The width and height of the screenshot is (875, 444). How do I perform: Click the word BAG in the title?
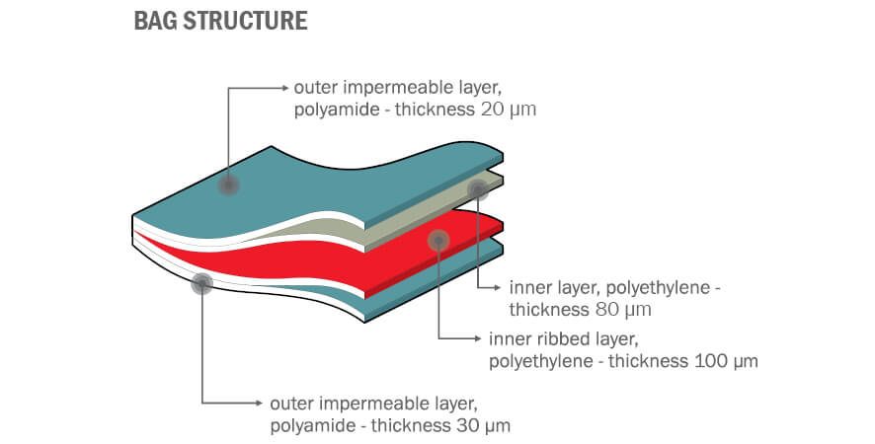(x=154, y=21)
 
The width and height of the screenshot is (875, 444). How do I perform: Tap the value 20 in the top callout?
(x=492, y=109)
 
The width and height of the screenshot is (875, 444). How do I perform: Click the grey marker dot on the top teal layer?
(x=229, y=185)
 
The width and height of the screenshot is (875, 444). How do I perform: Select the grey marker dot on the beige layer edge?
(x=478, y=188)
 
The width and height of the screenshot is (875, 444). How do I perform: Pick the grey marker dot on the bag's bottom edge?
(x=202, y=284)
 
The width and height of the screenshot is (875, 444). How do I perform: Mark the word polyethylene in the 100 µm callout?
(x=541, y=361)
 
